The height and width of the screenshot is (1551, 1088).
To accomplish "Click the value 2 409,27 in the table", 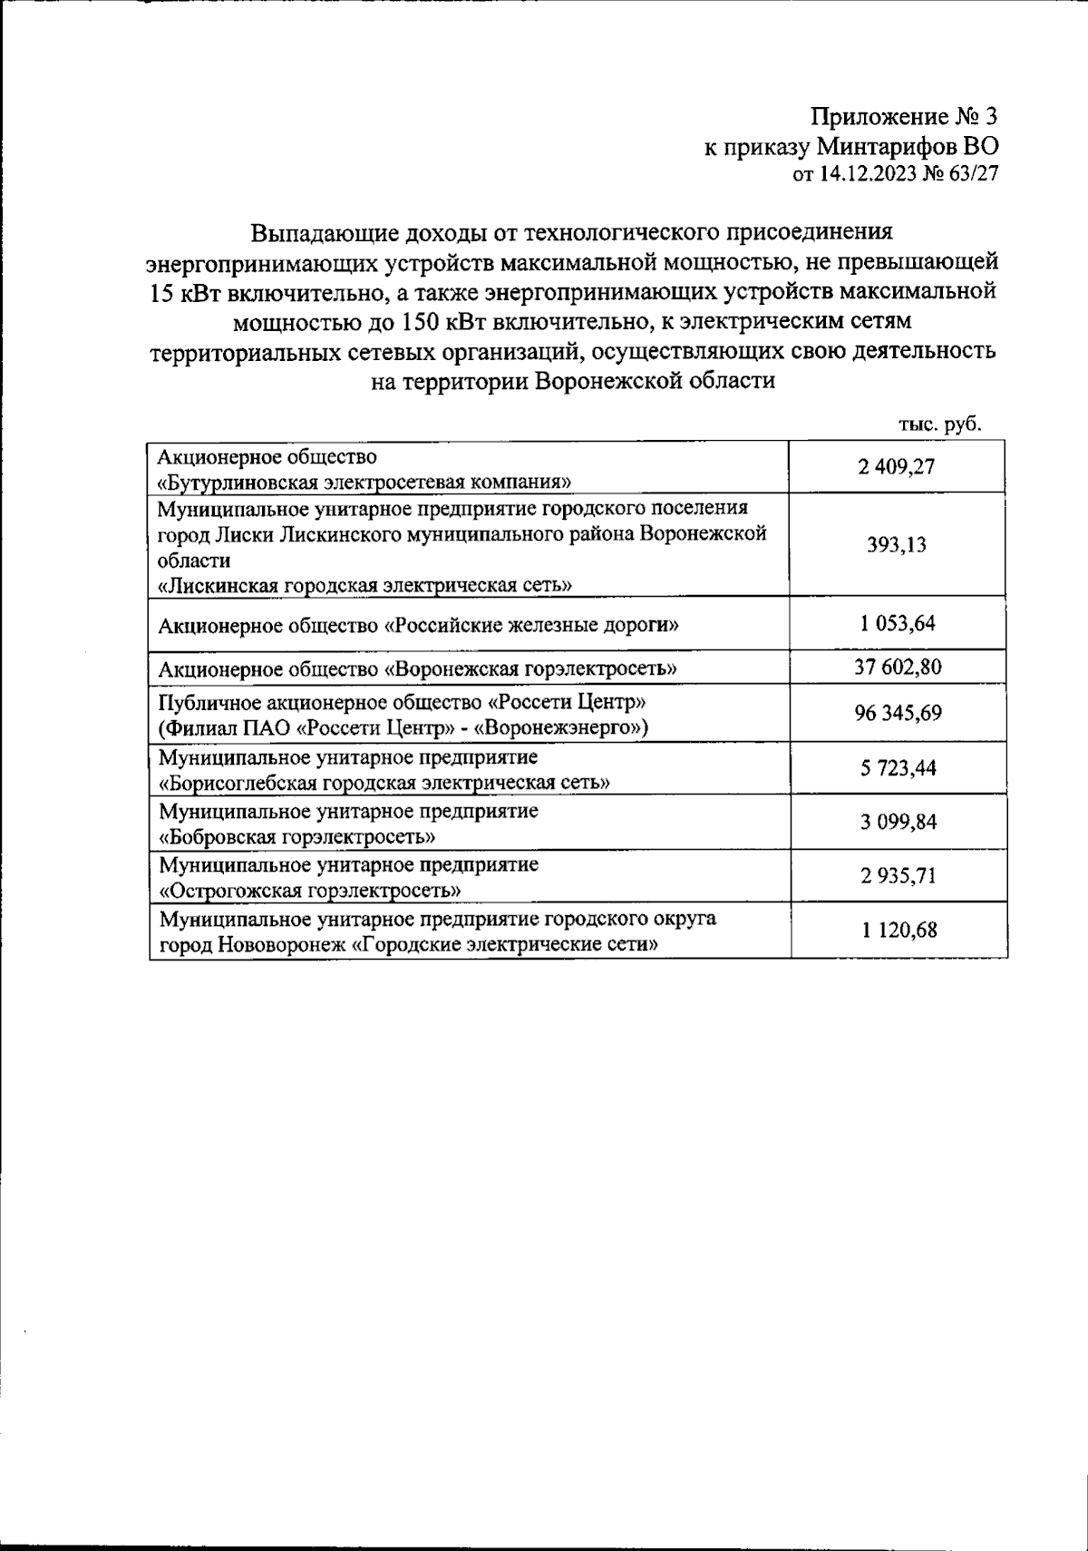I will pos(897,467).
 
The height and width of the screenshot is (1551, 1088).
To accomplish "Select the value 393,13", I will pos(897,545).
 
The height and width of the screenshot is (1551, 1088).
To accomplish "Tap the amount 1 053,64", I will pos(897,623).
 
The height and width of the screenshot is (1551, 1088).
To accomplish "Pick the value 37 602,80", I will pos(897,668).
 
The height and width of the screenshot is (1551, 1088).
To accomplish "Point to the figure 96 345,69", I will pos(897,714).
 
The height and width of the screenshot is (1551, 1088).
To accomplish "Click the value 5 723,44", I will pos(897,768).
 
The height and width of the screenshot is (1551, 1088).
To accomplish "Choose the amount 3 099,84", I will pos(897,822).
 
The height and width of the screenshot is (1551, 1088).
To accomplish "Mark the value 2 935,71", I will pos(897,876).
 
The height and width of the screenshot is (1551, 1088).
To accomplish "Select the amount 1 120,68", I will pos(897,931).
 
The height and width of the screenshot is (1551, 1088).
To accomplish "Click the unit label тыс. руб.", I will pos(940,424).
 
